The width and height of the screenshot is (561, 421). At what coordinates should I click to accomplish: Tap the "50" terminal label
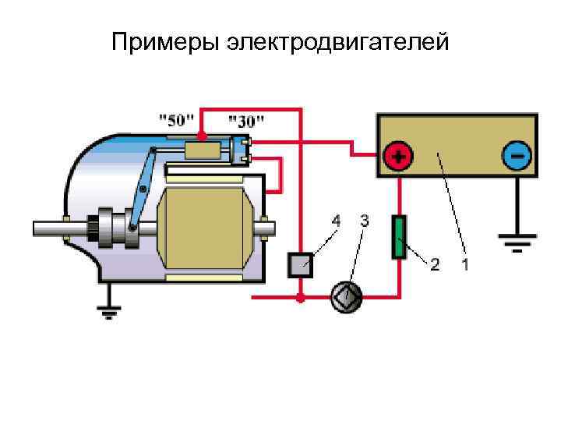click(177, 121)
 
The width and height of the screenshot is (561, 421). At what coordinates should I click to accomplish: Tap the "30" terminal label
click(246, 121)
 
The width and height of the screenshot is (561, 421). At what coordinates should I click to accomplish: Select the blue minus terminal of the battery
click(517, 156)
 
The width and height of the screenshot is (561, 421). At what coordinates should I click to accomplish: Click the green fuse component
click(399, 238)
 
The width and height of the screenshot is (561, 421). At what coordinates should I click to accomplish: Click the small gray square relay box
click(301, 265)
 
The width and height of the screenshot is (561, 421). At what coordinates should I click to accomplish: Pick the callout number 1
click(465, 264)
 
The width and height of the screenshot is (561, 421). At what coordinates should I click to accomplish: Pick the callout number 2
click(435, 264)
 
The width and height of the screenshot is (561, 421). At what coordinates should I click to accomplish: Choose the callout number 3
click(365, 221)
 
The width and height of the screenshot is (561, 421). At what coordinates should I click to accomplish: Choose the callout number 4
click(336, 221)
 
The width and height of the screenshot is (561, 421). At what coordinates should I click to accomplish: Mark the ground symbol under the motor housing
click(110, 312)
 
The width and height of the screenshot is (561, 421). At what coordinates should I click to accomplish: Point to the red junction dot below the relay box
click(301, 297)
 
